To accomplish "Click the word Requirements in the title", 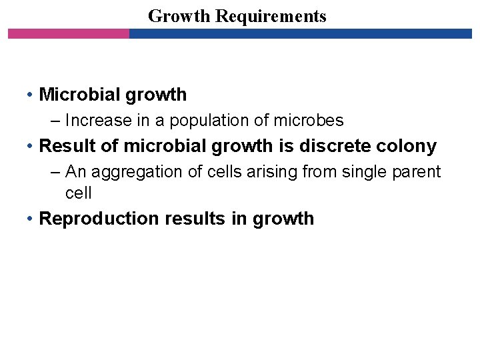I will pyautogui.click(x=271, y=17).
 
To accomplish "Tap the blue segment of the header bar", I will pyautogui.click(x=300, y=33).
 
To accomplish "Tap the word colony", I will pyautogui.click(x=408, y=146).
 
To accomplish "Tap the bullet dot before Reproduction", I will pyautogui.click(x=31, y=219).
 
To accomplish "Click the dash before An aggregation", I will pyautogui.click(x=56, y=172).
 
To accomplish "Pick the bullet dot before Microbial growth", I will pyautogui.click(x=31, y=95).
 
